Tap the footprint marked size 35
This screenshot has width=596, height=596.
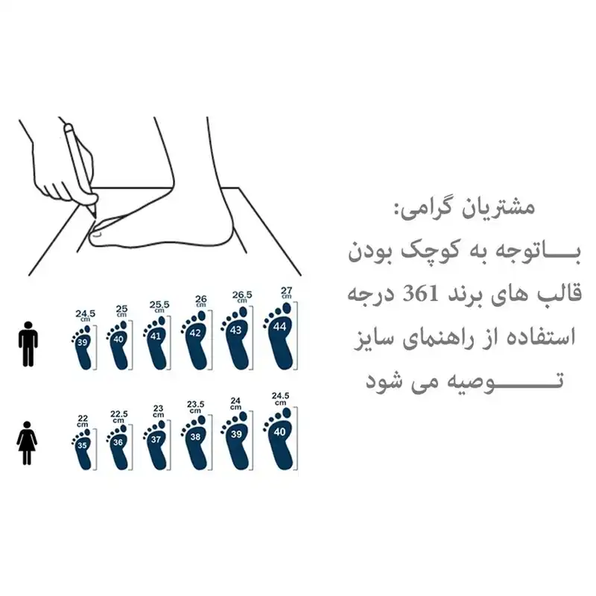pyautogui.click(x=83, y=448)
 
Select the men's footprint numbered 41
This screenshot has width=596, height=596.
pyautogui.click(x=155, y=339)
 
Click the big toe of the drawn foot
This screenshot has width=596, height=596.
pyautogui.click(x=101, y=236)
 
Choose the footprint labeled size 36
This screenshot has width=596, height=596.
pyautogui.click(x=118, y=445)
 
